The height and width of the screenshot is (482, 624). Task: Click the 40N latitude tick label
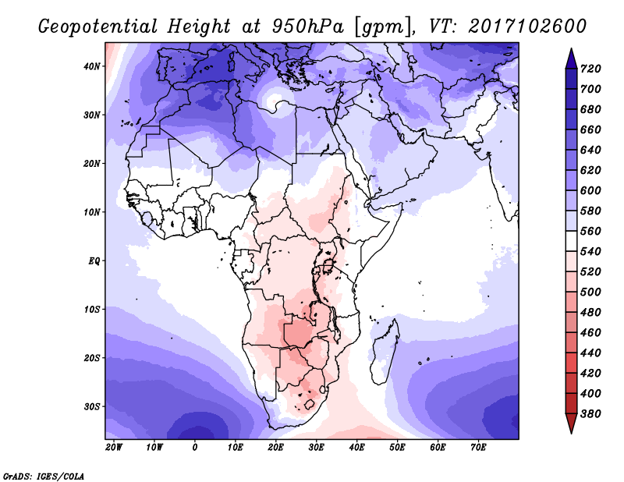click(x=91, y=66)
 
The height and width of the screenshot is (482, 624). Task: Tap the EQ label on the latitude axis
click(x=94, y=261)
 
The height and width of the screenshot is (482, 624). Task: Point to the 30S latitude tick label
click(x=92, y=407)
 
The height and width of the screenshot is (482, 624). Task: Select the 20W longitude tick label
click(x=114, y=448)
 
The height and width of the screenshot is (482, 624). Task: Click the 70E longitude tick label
click(x=478, y=448)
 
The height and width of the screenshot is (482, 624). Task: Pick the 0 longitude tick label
click(x=195, y=448)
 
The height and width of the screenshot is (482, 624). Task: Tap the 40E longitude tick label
click(x=356, y=448)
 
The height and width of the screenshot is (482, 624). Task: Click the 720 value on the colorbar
click(x=590, y=69)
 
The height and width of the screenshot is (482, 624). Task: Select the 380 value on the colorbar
click(x=590, y=414)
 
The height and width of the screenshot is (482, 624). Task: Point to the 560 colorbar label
click(x=590, y=231)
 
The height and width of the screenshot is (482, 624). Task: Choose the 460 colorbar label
click(x=590, y=333)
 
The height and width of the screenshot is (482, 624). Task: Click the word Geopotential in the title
click(x=98, y=27)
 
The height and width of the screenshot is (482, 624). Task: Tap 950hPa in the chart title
click(x=308, y=27)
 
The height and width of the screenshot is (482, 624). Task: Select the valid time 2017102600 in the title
click(x=527, y=27)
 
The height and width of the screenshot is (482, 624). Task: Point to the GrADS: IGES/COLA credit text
click(x=44, y=477)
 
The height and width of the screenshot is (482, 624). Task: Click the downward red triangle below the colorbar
click(x=572, y=424)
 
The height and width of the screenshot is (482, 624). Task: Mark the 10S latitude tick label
click(x=92, y=310)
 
